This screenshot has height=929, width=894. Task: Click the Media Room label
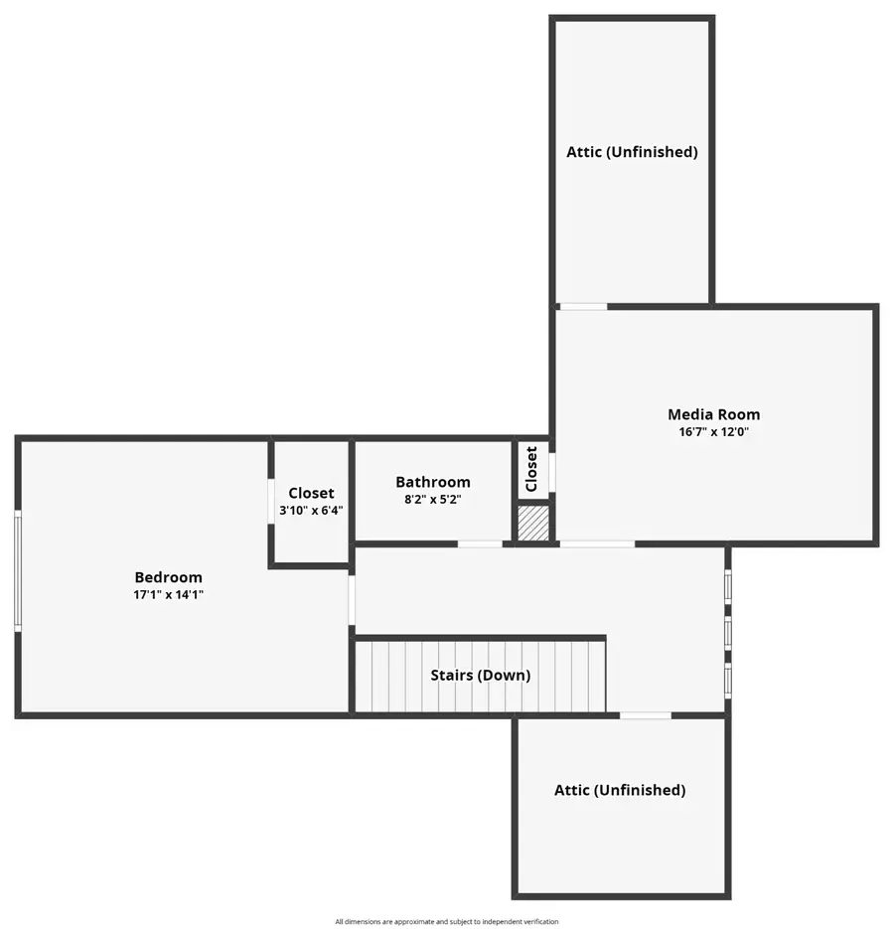[x=713, y=414]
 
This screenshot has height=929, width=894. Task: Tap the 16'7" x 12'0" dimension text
[x=713, y=432]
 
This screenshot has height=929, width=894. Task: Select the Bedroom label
[x=168, y=577]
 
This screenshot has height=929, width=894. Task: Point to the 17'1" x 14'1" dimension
[x=168, y=595]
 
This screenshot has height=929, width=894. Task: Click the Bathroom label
[x=433, y=482]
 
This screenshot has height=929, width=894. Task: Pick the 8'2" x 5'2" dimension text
[x=433, y=500]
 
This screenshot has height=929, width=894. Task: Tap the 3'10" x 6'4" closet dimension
[x=311, y=511]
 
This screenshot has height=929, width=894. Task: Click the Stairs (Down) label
[x=481, y=676]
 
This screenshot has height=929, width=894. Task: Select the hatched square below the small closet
[x=533, y=523]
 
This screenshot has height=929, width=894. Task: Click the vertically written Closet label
[x=531, y=469]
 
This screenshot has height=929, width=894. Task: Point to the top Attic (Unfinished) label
[x=632, y=152]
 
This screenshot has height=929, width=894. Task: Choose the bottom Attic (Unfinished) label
[x=620, y=790]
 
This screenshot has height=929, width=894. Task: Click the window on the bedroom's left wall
[x=18, y=570]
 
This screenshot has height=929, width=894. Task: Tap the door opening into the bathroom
[x=480, y=543]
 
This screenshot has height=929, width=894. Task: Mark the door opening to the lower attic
[x=646, y=715]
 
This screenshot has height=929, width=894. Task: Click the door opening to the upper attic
[x=583, y=306]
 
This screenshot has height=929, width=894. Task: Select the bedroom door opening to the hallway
[x=352, y=600]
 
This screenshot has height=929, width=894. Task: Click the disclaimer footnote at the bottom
[x=447, y=921]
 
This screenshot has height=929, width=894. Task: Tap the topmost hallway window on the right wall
[x=728, y=586]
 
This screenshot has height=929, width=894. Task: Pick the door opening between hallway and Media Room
[x=597, y=543]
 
